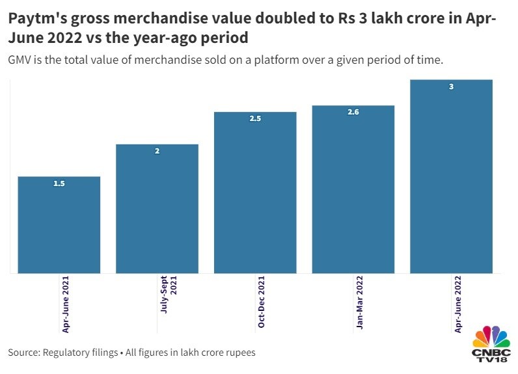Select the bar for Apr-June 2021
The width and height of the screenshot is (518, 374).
59,225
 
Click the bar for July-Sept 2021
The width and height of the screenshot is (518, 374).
157,209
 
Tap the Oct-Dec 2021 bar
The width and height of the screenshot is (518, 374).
255,193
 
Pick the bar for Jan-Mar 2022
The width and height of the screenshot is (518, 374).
353,189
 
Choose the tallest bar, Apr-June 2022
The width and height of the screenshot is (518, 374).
451,177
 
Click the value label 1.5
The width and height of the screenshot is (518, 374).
59,184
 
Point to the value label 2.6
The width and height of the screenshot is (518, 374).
353,113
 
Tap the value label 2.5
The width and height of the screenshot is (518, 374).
255,119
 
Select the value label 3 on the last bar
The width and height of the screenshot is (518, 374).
451,87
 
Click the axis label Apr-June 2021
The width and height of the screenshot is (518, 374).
66,304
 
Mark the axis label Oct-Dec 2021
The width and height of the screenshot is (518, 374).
262,302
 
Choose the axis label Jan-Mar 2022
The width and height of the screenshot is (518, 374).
359,302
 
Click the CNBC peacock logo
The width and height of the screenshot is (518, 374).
491,336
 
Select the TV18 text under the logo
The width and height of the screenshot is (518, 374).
491,361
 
